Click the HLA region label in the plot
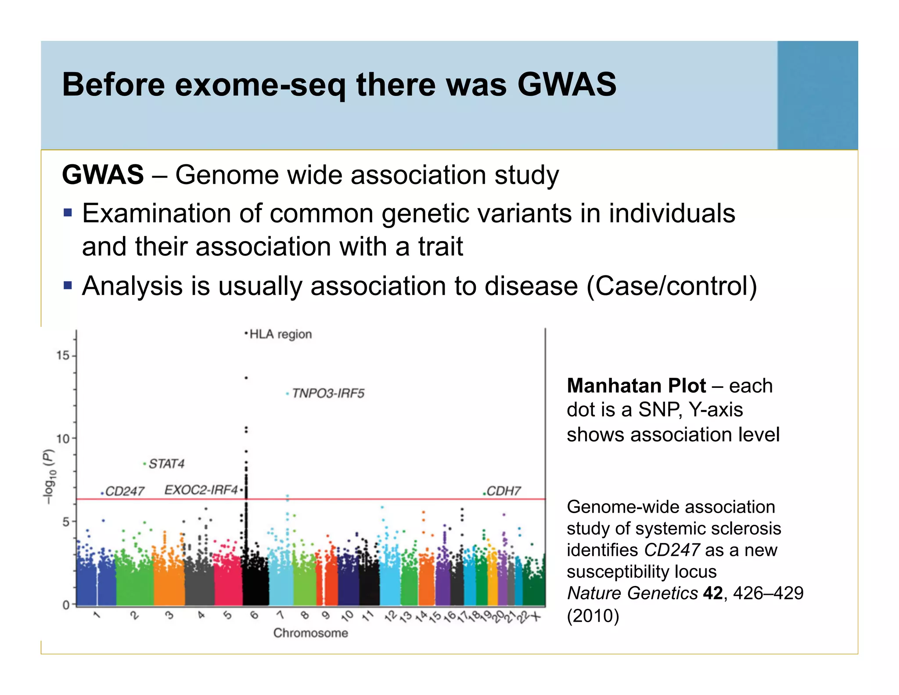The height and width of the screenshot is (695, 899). click(x=280, y=334)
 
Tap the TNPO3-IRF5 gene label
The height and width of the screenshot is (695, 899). click(x=328, y=393)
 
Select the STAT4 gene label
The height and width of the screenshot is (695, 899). click(x=166, y=463)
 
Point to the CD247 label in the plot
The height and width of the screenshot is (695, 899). click(x=125, y=491)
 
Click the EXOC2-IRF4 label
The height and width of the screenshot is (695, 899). click(x=201, y=490)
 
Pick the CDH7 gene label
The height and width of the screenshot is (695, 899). click(x=503, y=491)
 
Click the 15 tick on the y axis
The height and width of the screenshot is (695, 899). click(x=63, y=355)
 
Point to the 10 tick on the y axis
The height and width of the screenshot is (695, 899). click(x=63, y=438)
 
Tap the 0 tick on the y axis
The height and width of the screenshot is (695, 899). click(x=66, y=605)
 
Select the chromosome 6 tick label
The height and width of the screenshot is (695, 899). click(x=254, y=615)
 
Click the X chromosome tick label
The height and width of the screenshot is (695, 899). click(x=536, y=617)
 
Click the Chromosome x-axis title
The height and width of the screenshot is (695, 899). click(x=310, y=633)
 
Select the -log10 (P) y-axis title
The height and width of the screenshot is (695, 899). click(x=49, y=476)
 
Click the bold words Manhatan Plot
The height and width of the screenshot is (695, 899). click(x=636, y=386)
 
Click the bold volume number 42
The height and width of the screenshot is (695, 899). click(x=712, y=593)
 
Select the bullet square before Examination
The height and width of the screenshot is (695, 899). click(x=67, y=213)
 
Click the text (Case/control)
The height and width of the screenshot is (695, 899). click(x=672, y=286)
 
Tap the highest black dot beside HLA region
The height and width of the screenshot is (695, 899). click(x=246, y=334)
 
